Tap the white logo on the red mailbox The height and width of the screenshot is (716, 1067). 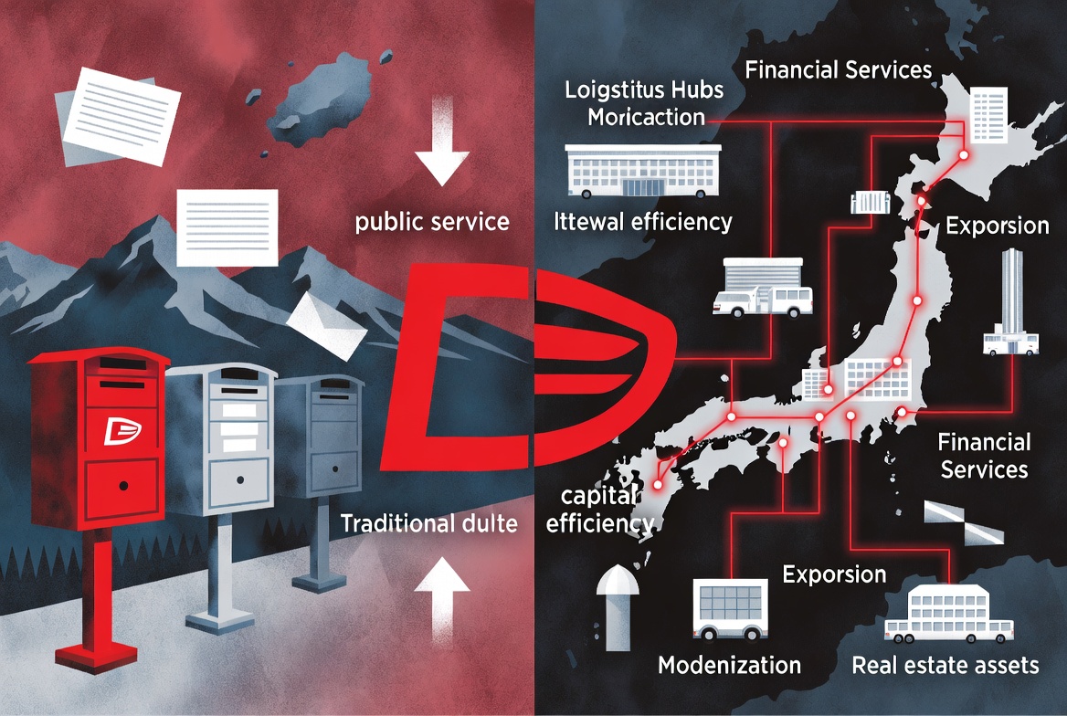pyautogui.click(x=122, y=431)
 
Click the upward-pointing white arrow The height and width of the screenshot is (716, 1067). pyautogui.click(x=442, y=599)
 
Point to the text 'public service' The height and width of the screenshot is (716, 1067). pyautogui.click(x=432, y=222)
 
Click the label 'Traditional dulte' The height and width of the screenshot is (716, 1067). pyautogui.click(x=428, y=523)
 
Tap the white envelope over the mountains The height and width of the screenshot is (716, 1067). pyautogui.click(x=327, y=326)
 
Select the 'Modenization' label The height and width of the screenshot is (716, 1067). pyautogui.click(x=730, y=665)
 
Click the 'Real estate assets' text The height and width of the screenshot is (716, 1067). pyautogui.click(x=946, y=665)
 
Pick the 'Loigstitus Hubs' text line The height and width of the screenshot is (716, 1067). pyautogui.click(x=644, y=89)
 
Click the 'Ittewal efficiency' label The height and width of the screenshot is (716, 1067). pyautogui.click(x=643, y=222)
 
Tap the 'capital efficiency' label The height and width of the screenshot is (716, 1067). pyautogui.click(x=599, y=510)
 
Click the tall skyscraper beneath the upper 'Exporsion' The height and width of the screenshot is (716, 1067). pyautogui.click(x=1011, y=302)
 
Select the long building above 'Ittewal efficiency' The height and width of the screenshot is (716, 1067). pyautogui.click(x=643, y=171)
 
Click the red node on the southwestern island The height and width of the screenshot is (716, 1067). pyautogui.click(x=658, y=485)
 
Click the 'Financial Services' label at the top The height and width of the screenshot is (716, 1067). pyautogui.click(x=839, y=69)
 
